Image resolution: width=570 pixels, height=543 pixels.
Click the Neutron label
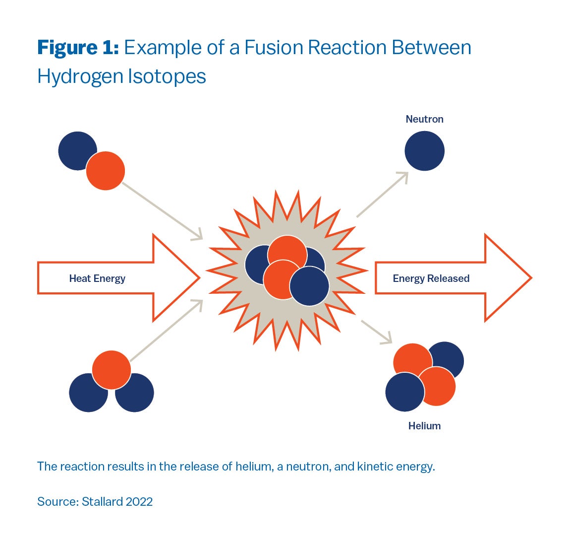coord(424,119)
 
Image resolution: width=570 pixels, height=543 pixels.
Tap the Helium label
coord(424,426)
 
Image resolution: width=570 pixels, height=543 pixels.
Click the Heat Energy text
coord(97,278)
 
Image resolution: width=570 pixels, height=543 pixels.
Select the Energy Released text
coord(431,278)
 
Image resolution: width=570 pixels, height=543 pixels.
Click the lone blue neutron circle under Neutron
coord(424,151)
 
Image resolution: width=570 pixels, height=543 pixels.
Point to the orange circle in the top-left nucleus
coord(106,171)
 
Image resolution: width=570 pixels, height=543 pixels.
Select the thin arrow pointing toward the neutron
coord(382,195)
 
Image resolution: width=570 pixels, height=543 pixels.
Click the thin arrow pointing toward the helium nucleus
coord(377,332)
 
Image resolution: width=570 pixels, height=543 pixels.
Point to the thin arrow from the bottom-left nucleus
coord(167,330)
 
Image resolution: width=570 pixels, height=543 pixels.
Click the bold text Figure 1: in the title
coord(78,48)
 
